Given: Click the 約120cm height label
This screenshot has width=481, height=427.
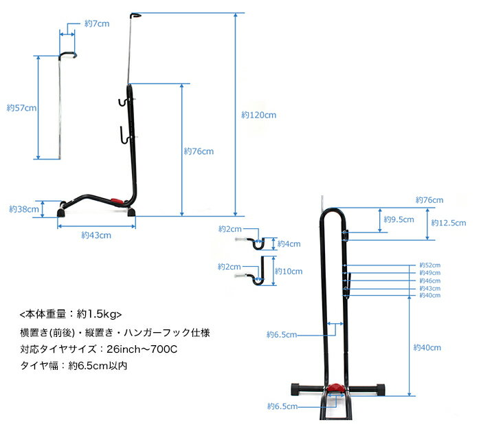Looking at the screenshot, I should [x=259, y=115].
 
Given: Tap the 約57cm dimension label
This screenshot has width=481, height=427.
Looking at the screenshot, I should [x=21, y=108].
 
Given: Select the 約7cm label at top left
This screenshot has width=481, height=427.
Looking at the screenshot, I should [x=97, y=23].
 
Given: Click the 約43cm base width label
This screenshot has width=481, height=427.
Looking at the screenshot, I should [x=96, y=234].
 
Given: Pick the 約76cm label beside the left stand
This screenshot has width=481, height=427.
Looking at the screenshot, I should [x=199, y=151].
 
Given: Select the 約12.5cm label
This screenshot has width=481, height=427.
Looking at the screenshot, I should [x=449, y=223].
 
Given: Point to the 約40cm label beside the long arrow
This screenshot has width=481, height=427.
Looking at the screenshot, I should [x=427, y=348].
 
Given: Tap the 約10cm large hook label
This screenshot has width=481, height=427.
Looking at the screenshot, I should [x=291, y=271].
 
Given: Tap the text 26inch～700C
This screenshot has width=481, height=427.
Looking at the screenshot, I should [x=146, y=349].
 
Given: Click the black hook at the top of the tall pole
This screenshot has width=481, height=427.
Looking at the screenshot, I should [x=136, y=14].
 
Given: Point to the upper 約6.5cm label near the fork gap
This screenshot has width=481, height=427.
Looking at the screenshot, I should [x=282, y=335].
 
